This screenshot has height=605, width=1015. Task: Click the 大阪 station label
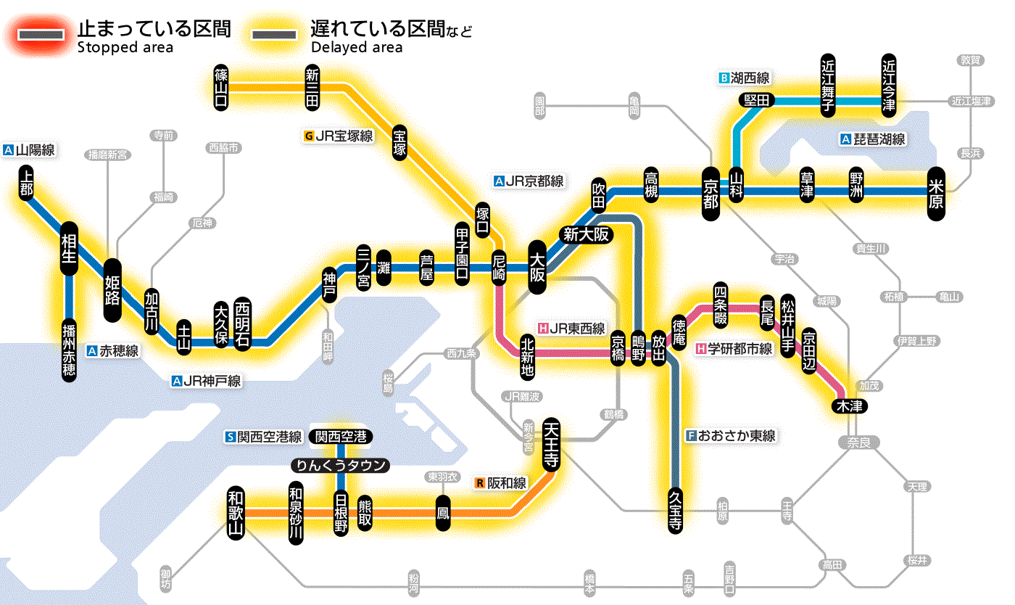pos(537,267)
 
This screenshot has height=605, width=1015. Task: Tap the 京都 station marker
pos(710,192)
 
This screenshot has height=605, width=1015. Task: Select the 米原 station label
pos(936,192)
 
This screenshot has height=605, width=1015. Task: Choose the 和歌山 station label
pos(236,513)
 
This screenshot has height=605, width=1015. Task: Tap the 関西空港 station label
pos(340,437)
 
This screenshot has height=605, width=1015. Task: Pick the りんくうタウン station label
pos(340,466)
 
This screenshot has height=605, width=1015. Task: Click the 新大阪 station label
pos(587,234)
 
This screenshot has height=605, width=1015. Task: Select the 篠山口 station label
pos(221,87)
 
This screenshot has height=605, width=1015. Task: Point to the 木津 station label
pos(848,406)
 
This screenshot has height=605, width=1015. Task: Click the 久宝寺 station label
pos(675,510)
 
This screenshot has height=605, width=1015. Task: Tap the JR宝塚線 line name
pos(339,136)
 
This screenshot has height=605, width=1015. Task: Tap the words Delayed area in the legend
pos(356,48)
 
